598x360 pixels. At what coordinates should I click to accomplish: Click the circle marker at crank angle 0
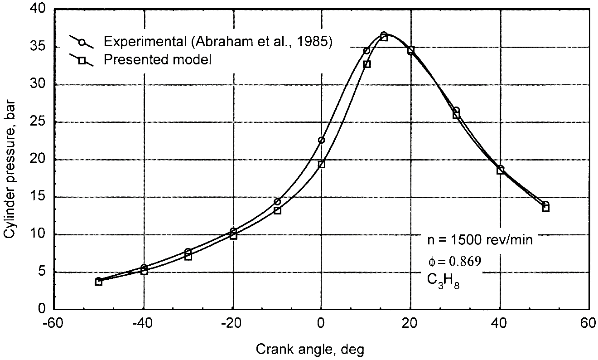[321, 140]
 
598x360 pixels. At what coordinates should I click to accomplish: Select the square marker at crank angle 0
[322, 164]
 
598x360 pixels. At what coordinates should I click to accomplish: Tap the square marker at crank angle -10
[277, 210]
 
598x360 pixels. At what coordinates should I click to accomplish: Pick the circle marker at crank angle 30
[456, 110]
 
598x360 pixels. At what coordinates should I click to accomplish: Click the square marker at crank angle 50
[545, 208]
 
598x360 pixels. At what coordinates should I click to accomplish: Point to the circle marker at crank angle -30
[188, 251]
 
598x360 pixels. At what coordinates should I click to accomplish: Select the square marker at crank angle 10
[367, 64]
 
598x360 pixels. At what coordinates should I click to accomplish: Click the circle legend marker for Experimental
[82, 42]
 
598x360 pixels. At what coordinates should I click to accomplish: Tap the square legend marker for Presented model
[82, 60]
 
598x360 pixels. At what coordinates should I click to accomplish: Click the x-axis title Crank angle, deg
[310, 350]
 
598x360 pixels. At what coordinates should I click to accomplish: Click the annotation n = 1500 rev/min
[480, 240]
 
